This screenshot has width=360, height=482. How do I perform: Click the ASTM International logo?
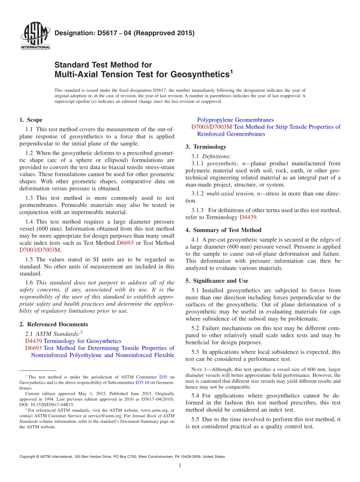tap(35, 36)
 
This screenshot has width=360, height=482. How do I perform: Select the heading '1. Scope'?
tap(31, 120)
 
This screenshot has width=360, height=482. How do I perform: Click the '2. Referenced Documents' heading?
tap(53, 324)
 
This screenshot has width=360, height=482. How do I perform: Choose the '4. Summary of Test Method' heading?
tap(223, 230)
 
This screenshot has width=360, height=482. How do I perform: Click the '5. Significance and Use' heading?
tap(217, 281)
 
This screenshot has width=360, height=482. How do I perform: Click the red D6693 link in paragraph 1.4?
tap(125, 243)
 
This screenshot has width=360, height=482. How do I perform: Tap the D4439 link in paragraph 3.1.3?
tap(248, 217)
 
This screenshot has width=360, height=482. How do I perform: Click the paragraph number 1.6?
tap(30, 283)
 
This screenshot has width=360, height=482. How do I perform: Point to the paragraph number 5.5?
tap(196, 419)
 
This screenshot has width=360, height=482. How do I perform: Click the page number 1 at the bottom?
tap(180, 466)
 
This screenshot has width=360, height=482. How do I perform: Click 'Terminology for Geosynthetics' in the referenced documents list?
tap(82, 341)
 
